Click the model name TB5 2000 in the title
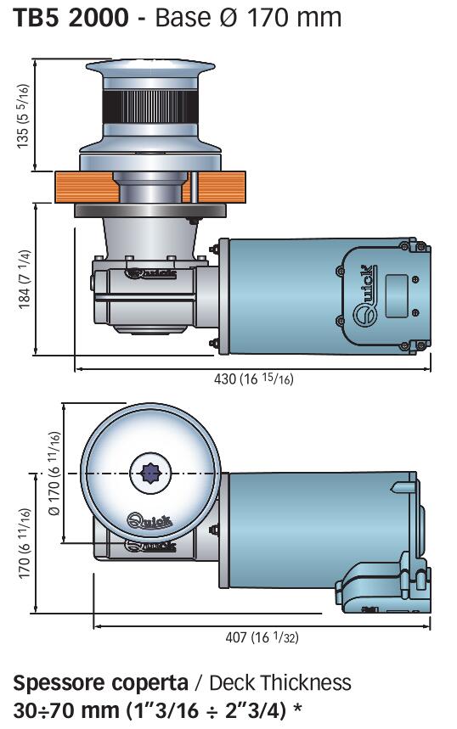[x=71, y=18]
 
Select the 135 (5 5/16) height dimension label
[x=23, y=116]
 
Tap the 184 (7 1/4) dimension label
[x=24, y=280]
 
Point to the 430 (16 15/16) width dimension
[x=254, y=379]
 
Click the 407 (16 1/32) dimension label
[x=262, y=636]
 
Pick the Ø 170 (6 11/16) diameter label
[x=54, y=474]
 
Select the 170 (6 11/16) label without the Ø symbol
[x=24, y=544]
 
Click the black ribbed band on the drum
[x=150, y=106]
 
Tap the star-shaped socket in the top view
[x=150, y=474]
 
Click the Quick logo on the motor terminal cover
[x=366, y=296]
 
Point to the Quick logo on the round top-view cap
[x=150, y=520]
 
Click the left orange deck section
[x=87, y=187]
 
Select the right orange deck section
[x=218, y=187]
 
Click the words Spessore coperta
[x=100, y=683]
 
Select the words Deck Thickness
[x=280, y=682]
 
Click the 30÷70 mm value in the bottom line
[x=66, y=710]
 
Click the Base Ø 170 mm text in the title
[x=248, y=18]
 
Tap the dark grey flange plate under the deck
[x=150, y=210]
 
